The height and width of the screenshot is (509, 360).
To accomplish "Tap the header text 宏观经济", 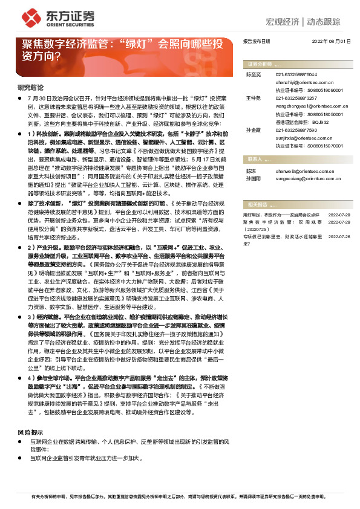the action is coord(283,22).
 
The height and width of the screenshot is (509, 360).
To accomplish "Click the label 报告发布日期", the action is coord(256,42).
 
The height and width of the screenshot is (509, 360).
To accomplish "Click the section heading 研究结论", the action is coord(30,87).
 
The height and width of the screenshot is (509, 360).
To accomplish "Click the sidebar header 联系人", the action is coord(255,159).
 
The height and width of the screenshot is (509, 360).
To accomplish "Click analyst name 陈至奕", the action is coord(252,74).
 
